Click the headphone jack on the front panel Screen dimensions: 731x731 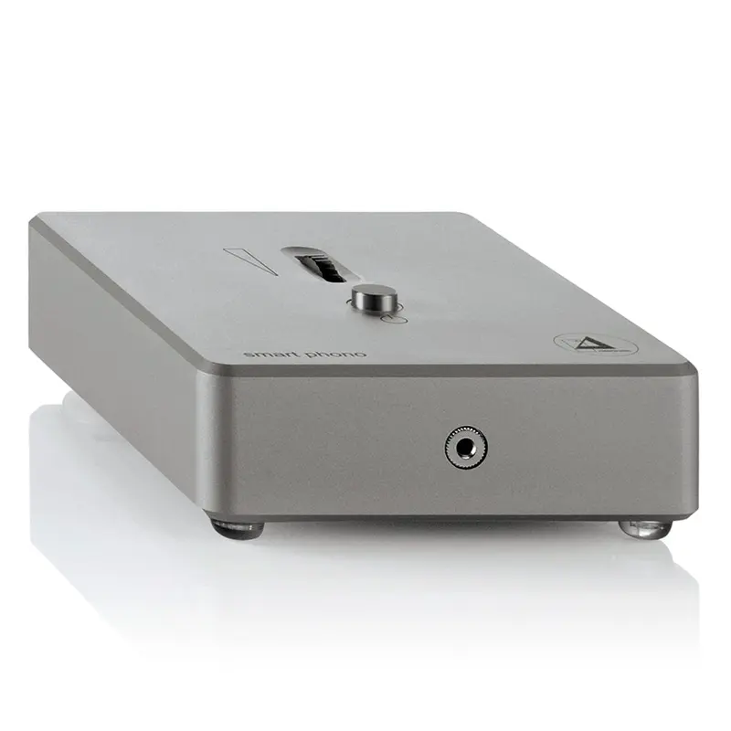[465, 447]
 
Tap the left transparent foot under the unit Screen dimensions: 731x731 [237, 526]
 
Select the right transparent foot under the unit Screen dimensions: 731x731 [644, 528]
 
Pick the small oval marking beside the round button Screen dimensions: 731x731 [394, 319]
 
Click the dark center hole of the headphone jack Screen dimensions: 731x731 [465, 447]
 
